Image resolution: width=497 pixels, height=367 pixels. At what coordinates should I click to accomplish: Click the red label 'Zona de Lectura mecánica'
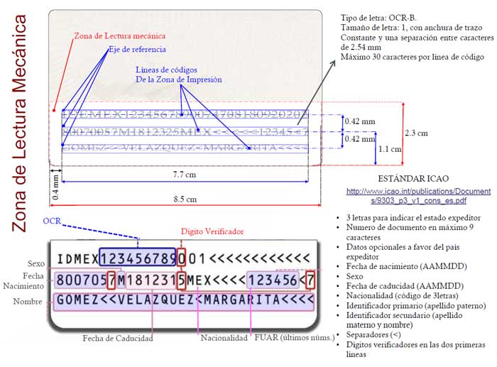121,35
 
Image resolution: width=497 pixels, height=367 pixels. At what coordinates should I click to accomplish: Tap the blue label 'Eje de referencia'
137,50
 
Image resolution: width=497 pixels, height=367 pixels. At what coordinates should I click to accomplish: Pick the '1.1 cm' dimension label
390,150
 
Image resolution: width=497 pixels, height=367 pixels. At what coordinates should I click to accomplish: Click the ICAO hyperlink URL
418,196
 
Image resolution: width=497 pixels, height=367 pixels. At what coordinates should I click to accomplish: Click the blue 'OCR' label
51,221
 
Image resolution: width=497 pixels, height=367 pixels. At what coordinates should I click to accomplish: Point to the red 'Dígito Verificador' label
212,231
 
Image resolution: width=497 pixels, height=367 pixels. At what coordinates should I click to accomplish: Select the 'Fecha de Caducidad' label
118,339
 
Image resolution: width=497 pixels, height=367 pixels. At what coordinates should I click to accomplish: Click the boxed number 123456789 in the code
138,258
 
